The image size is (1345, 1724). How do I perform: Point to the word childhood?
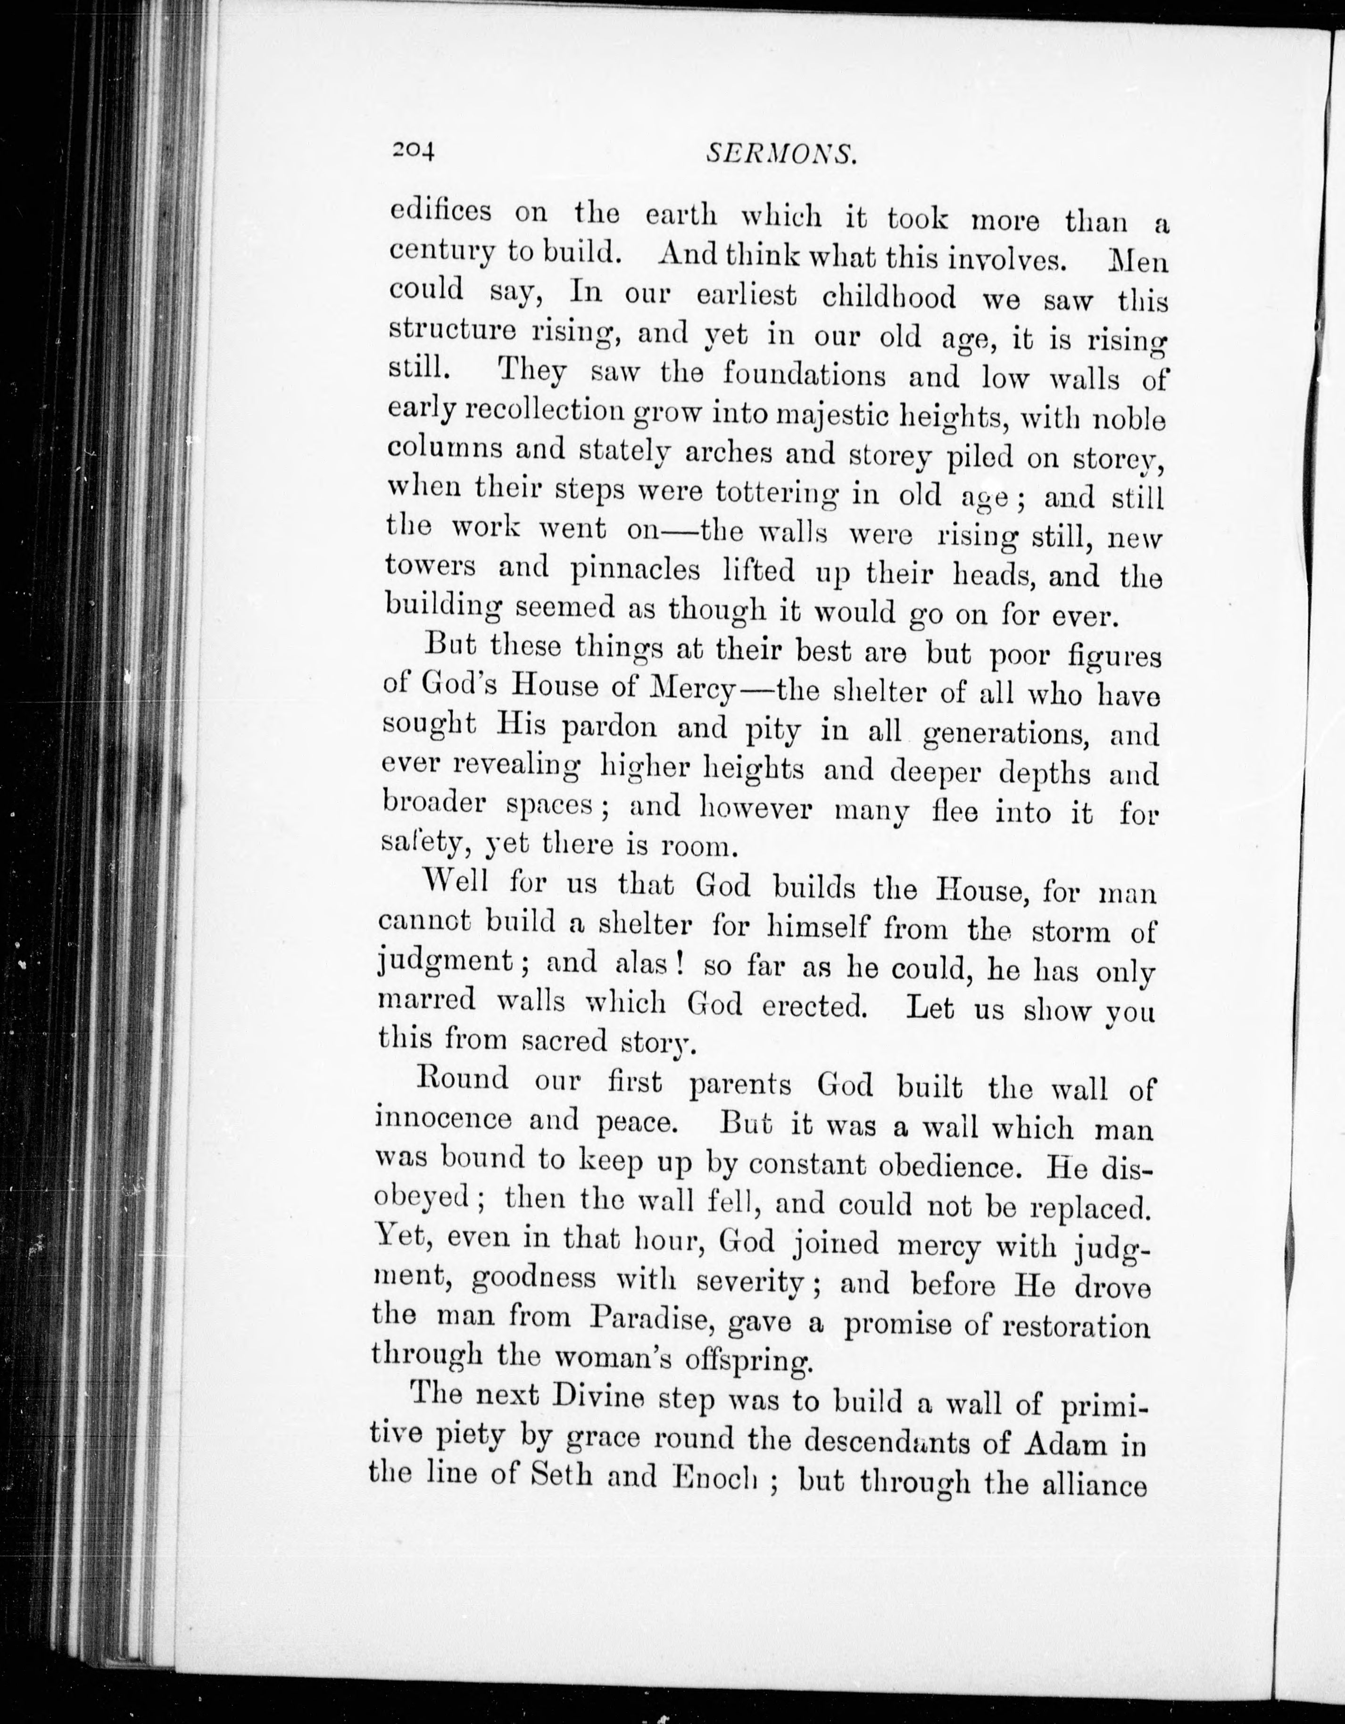click(x=888, y=297)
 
